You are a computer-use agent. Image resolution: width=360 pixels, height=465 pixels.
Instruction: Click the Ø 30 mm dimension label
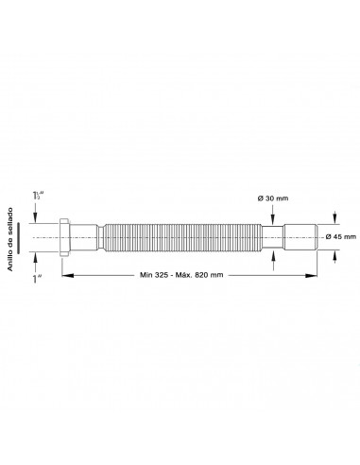coord(273,198)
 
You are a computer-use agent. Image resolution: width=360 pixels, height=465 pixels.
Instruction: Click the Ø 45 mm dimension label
coord(341,236)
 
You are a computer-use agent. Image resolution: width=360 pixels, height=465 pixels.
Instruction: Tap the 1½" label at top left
coord(38,196)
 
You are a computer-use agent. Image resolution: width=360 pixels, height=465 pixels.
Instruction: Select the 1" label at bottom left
coord(38,279)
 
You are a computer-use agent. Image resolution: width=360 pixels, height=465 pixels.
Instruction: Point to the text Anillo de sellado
coord(10,239)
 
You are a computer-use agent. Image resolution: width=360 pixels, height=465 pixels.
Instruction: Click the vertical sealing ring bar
coord(19,237)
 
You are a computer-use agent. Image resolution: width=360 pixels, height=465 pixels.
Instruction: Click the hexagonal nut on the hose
coord(64,237)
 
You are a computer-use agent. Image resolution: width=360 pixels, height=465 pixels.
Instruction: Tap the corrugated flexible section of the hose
coord(182,237)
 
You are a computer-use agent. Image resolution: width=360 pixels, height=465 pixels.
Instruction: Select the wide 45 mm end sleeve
coord(300,237)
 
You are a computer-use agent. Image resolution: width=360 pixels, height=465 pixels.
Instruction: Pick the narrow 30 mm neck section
coord(273,237)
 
